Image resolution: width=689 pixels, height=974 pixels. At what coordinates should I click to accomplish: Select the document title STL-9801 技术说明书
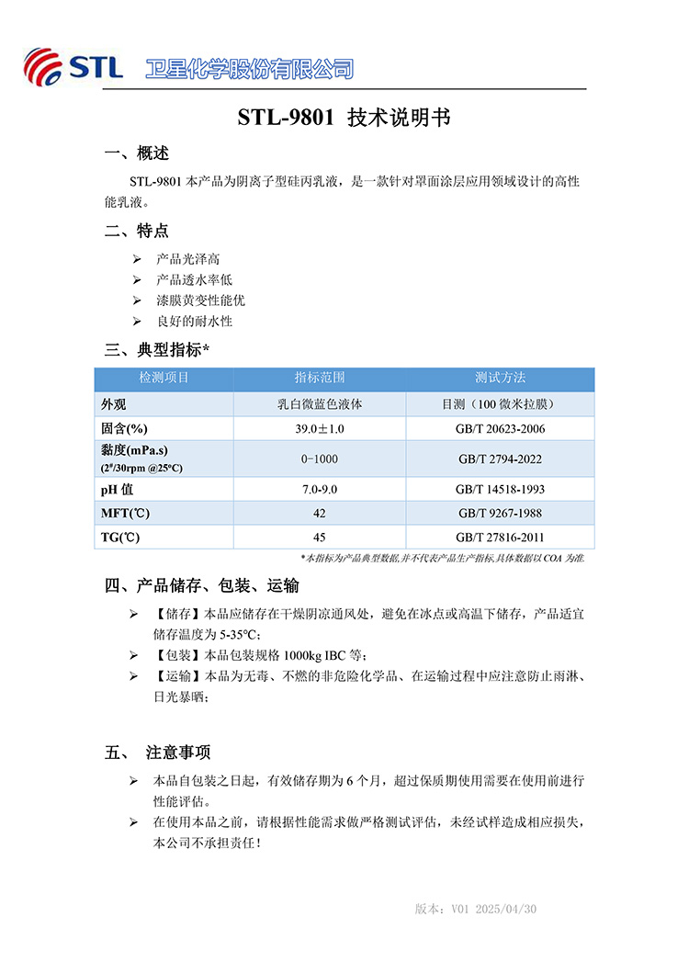pos(344,119)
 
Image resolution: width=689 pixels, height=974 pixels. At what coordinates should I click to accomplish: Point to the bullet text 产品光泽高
pos(188,260)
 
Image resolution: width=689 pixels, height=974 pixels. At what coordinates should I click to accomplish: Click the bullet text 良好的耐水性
pos(195,321)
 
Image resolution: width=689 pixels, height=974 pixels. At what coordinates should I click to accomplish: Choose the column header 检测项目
pos(164,378)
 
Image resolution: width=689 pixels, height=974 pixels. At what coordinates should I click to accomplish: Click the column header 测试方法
pos(501,378)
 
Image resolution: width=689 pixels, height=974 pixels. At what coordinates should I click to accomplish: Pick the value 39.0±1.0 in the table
pos(320,429)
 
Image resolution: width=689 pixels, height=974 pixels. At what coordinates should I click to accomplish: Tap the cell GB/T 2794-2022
pos(501,459)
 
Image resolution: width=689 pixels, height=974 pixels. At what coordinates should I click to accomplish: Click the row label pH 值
pos(117,490)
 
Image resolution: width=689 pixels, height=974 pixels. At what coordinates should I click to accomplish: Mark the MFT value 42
pos(320,513)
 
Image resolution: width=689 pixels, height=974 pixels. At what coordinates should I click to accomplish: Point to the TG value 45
pos(320,537)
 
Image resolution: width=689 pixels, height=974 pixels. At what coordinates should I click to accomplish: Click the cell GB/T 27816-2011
pos(501,537)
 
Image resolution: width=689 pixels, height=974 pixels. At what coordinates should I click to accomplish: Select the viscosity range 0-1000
pos(320,459)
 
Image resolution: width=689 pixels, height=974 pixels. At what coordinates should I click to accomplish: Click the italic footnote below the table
pos(443,558)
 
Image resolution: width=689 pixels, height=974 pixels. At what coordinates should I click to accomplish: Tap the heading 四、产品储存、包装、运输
pos(202,585)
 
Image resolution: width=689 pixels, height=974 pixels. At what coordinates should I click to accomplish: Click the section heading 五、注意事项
pos(158,753)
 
